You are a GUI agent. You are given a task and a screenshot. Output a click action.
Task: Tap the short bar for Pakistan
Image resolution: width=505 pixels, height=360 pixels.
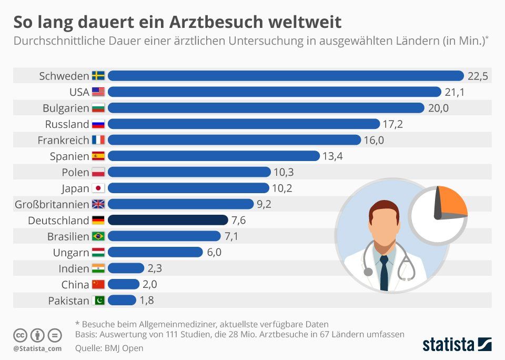click(x=122, y=301)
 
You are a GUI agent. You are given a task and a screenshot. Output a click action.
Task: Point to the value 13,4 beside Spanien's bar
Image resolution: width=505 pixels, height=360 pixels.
click(x=332, y=156)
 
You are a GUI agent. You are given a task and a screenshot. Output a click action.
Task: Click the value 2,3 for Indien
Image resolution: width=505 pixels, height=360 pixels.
click(x=155, y=268)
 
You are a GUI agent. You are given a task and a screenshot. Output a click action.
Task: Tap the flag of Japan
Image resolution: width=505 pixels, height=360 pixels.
click(x=98, y=188)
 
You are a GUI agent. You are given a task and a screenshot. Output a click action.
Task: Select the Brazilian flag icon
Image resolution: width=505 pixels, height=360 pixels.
click(x=98, y=236)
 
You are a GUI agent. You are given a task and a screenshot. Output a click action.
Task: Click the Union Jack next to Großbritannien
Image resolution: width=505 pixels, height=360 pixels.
click(x=98, y=204)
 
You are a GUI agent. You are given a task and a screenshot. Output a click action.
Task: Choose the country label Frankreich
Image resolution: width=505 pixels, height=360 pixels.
click(x=63, y=140)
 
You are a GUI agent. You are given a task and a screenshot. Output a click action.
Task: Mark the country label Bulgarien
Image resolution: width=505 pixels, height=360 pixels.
click(x=66, y=108)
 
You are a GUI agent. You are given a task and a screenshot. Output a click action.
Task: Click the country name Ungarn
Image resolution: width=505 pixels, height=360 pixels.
click(x=71, y=253)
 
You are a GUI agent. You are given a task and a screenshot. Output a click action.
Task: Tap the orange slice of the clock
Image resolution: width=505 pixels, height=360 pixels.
click(x=452, y=201)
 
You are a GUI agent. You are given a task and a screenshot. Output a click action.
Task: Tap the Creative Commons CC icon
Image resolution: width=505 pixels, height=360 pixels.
click(x=21, y=335)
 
